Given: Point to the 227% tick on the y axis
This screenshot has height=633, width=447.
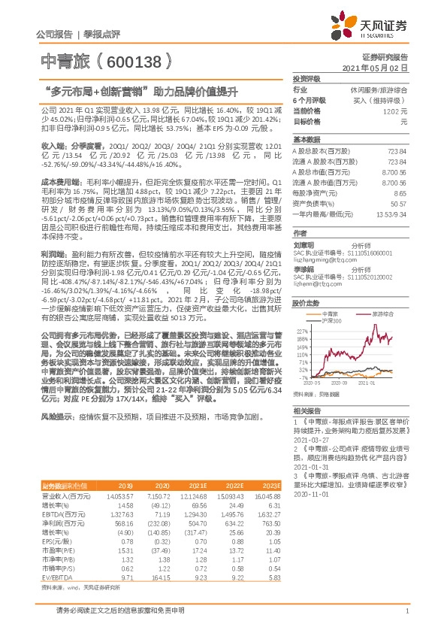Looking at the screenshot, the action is (301, 330).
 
